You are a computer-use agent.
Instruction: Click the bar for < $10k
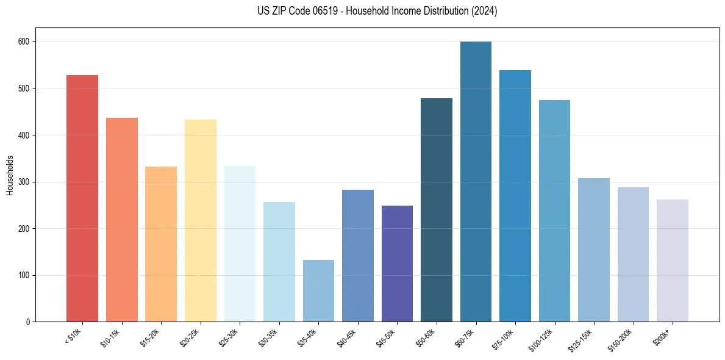pyautogui.click(x=82, y=198)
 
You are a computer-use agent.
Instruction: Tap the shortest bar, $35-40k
pyautogui.click(x=318, y=291)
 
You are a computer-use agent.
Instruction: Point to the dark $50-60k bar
pyautogui.click(x=437, y=210)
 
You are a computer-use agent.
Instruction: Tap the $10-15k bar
pyautogui.click(x=121, y=220)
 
